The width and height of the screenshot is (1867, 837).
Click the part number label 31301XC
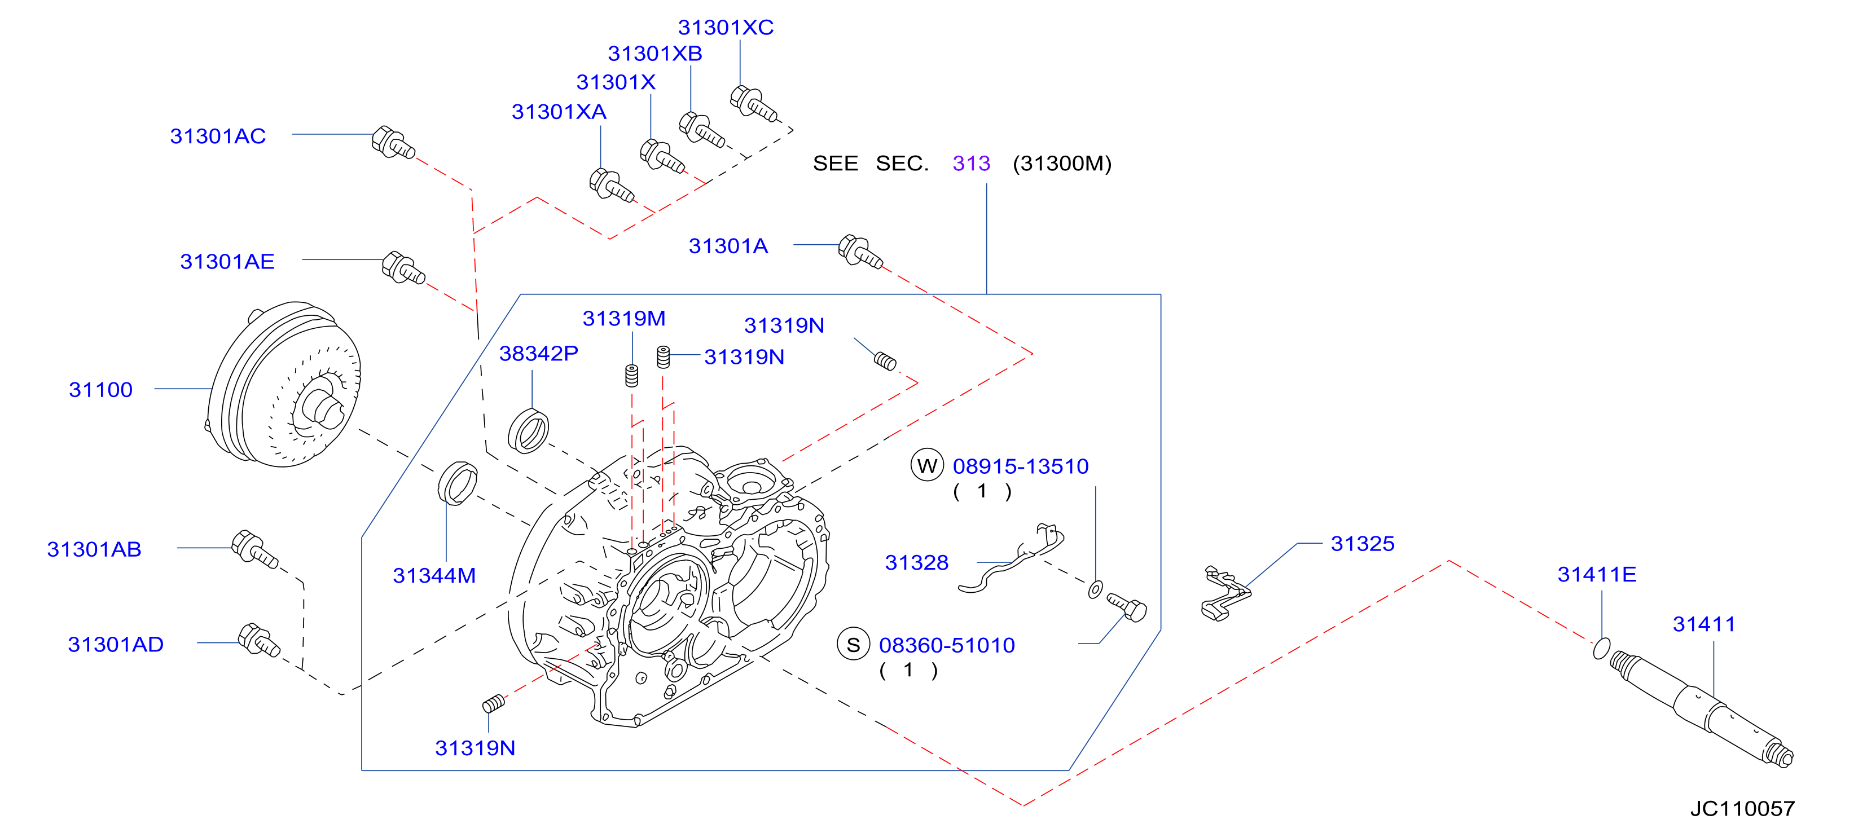[x=726, y=28]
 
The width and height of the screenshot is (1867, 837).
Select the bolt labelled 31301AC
[x=393, y=142]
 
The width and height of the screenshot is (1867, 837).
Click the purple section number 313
[x=971, y=164]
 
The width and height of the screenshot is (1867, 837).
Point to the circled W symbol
[x=927, y=465]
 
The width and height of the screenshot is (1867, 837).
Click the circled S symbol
[x=853, y=644]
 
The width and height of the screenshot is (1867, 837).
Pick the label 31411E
[x=1597, y=575]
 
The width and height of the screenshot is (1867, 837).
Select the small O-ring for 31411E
[x=1602, y=648]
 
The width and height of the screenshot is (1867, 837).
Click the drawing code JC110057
[x=1742, y=809]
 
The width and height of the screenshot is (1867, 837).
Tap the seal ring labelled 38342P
[x=528, y=430]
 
